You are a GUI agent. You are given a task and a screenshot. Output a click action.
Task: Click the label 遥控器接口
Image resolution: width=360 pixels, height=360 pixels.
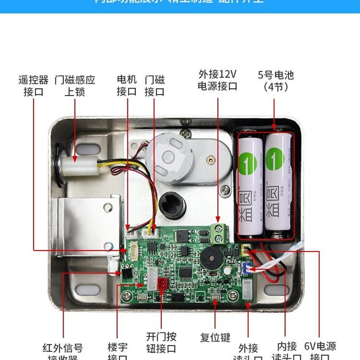coord(33,86)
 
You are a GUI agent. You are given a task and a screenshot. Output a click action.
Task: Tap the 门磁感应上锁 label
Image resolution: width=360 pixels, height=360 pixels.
coord(75,86)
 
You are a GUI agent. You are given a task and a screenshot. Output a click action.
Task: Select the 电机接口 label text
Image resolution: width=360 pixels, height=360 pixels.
coord(126,86)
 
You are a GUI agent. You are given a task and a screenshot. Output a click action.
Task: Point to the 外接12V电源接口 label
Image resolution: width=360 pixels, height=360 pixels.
coord(217,80)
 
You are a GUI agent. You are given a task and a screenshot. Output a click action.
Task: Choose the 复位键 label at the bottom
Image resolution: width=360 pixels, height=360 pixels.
coord(215,337)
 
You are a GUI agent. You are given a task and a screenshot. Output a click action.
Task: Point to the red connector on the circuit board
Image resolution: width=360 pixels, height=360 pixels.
coord(162,283)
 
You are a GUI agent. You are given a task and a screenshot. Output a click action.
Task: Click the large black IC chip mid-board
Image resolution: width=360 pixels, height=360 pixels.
coord(185,273)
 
